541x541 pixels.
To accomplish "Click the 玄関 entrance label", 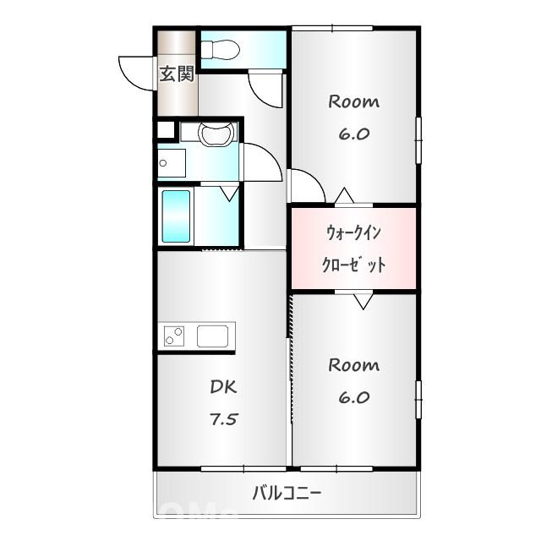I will click(178, 74).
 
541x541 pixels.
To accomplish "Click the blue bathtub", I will click(176, 216).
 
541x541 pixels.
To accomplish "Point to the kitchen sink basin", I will click(214, 336).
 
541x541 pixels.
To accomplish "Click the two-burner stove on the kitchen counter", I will click(174, 336).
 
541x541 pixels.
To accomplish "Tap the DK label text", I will click(224, 387).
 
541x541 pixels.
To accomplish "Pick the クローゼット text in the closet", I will click(353, 265).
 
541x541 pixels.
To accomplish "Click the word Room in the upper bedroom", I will click(353, 102).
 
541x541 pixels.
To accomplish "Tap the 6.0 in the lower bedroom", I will click(353, 397).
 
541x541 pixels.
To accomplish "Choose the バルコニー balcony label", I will click(287, 493).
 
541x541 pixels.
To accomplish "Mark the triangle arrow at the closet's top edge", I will click(343, 197).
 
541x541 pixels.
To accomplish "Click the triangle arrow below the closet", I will click(363, 301).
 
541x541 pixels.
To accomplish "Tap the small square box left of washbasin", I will click(166, 130).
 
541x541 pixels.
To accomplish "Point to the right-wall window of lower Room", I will click(418, 399).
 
